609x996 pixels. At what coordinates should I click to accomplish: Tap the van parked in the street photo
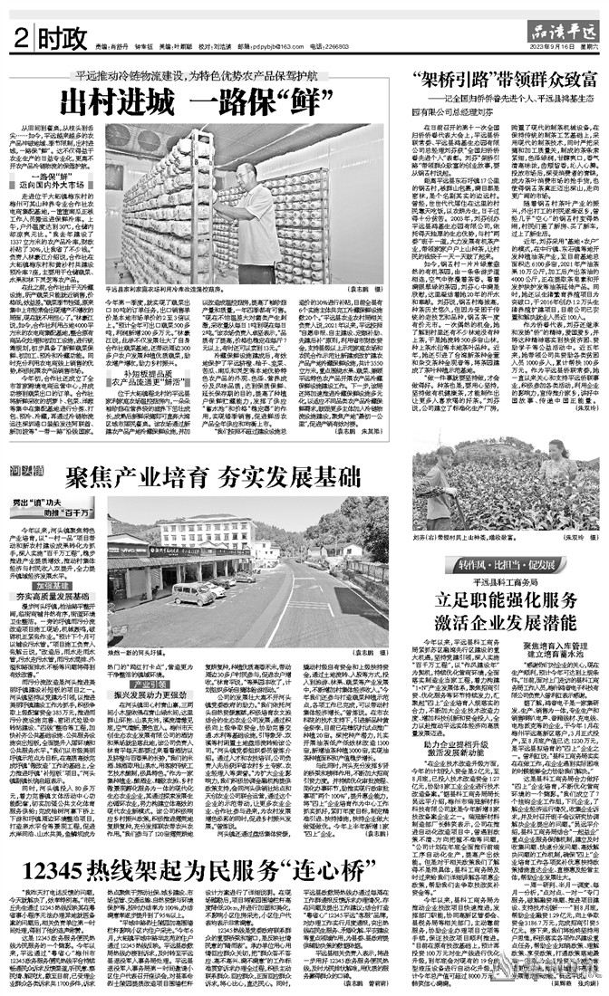pyautogui.click(x=194, y=594)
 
